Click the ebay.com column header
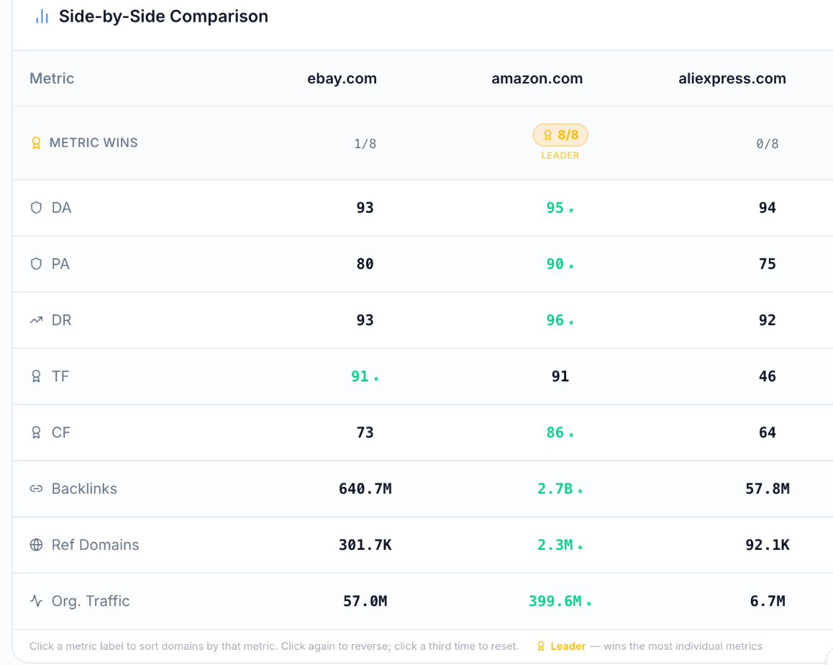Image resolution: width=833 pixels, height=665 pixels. tap(342, 78)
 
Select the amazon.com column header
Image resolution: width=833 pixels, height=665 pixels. tap(537, 78)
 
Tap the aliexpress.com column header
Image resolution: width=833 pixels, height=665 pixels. tap(732, 78)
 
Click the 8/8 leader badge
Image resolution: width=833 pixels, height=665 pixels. tap(560, 135)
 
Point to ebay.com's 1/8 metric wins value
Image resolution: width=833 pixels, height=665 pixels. tap(365, 143)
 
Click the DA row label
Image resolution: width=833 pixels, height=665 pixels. tap(61, 208)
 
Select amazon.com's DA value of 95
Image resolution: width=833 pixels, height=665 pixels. tap(555, 208)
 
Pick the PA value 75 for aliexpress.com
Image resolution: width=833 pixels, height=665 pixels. tap(767, 264)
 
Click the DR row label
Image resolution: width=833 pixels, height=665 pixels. tap(61, 320)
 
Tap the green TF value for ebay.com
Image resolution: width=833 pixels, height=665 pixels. tap(360, 376)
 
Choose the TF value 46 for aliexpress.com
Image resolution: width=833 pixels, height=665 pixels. tap(767, 376)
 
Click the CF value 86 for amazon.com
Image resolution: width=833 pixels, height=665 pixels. tap(555, 433)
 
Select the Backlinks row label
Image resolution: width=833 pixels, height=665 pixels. tap(84, 489)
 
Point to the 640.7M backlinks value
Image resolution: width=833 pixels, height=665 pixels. tap(365, 489)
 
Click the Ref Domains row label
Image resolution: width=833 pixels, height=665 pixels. tap(95, 545)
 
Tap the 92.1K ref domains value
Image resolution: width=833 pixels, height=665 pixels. tap(767, 545)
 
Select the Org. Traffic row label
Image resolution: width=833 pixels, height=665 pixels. tap(91, 601)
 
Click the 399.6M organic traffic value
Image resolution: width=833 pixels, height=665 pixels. tap(555, 601)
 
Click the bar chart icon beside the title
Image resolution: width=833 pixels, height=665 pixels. tap(42, 17)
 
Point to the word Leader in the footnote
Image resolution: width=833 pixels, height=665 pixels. tap(568, 646)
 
